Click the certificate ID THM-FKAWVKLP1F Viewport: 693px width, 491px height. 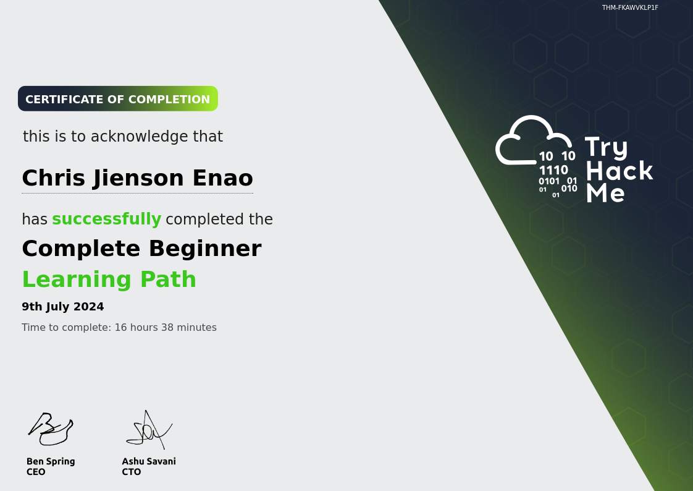click(x=630, y=7)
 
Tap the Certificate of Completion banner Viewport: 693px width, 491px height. click(x=118, y=99)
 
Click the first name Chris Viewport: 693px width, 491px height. click(x=54, y=178)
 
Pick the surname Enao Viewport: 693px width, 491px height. click(x=223, y=178)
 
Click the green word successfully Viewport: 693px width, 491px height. click(x=106, y=219)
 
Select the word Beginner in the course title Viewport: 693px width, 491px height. click(x=205, y=249)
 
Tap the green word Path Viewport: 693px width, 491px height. click(x=168, y=280)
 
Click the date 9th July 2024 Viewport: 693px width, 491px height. click(x=63, y=307)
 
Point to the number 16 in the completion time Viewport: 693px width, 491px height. click(x=120, y=327)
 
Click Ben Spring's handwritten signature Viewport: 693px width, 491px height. click(x=51, y=429)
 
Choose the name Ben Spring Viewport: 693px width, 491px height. click(x=51, y=461)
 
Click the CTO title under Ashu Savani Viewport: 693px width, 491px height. click(x=132, y=472)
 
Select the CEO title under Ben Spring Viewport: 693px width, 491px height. click(x=36, y=472)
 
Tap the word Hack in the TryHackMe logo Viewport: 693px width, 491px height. click(x=619, y=171)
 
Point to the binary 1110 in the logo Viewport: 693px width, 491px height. click(x=553, y=170)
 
